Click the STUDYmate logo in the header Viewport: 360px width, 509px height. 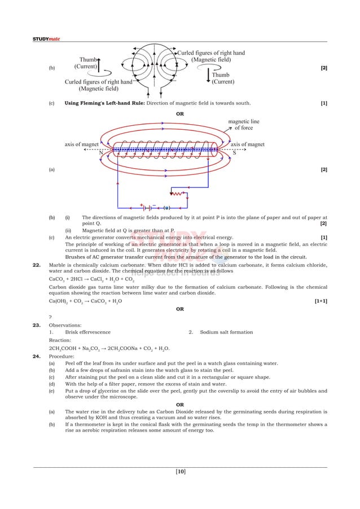pos(46,39)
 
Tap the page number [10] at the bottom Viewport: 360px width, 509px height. pos(180,471)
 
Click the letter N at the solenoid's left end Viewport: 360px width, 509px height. pos(100,153)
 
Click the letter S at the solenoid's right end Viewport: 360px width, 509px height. pos(234,153)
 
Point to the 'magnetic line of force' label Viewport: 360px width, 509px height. pos(244,125)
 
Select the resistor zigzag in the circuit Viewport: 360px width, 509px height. pos(179,193)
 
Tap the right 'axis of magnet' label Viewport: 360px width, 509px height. pos(248,144)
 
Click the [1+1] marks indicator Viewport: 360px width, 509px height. pos(321,301)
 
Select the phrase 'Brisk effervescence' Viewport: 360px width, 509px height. pos(87,332)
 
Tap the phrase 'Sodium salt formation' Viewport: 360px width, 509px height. pos(226,332)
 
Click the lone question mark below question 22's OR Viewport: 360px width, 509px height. pos(50,317)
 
